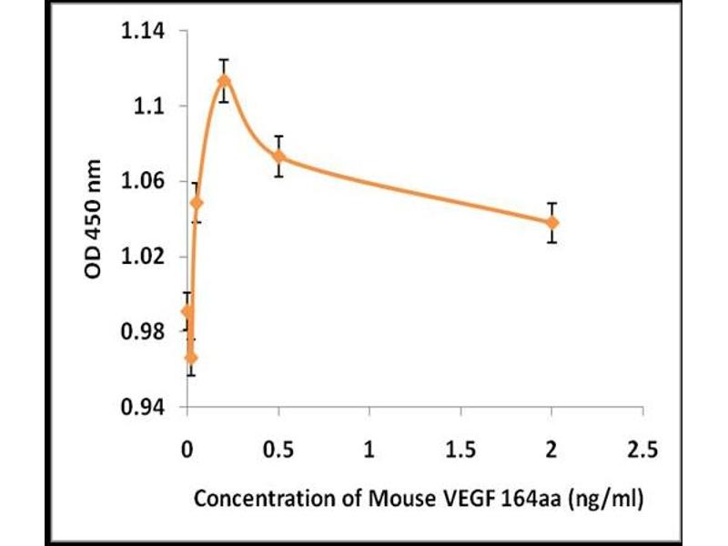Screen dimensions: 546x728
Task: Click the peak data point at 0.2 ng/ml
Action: click(224, 81)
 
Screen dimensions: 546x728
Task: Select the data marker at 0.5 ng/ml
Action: click(279, 157)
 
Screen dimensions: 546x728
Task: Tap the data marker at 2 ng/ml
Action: click(552, 222)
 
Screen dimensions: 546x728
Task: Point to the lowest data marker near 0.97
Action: click(190, 358)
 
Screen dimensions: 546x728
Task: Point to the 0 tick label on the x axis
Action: click(187, 450)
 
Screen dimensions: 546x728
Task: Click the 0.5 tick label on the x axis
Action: click(278, 450)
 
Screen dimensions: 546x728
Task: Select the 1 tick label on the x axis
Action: click(369, 450)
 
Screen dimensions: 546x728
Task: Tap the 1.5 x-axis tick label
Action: click(460, 450)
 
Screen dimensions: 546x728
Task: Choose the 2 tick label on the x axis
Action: click(552, 450)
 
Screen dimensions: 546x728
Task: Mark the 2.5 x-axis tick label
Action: click(643, 450)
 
